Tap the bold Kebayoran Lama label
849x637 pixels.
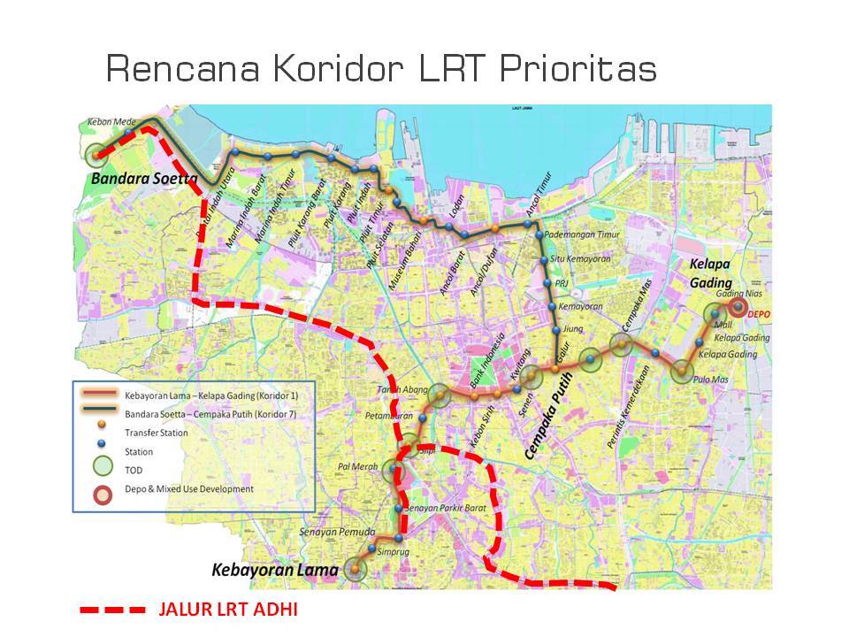tap(274, 571)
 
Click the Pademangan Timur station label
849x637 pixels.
tap(581, 234)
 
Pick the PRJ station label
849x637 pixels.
tap(560, 283)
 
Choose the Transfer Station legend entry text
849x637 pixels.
tap(157, 433)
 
